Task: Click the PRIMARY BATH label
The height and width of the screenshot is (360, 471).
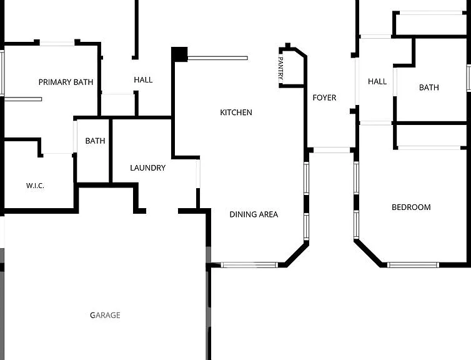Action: (x=66, y=82)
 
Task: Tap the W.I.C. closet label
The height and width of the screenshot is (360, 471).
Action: (x=35, y=186)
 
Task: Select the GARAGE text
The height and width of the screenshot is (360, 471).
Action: (x=105, y=315)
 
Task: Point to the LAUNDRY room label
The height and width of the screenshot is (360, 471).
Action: (x=148, y=167)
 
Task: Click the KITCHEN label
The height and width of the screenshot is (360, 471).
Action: (x=236, y=112)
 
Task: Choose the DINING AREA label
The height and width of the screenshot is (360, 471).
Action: (x=254, y=214)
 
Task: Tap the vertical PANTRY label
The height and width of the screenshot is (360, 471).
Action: (x=281, y=68)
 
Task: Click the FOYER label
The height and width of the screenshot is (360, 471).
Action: (x=324, y=97)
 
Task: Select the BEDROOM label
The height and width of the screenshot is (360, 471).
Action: (x=411, y=207)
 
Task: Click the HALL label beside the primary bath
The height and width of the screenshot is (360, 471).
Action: (x=143, y=79)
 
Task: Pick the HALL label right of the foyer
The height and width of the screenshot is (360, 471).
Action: (x=377, y=81)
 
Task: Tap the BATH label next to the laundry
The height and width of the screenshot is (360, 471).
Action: (x=95, y=141)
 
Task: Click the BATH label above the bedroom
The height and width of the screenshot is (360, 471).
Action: (x=429, y=87)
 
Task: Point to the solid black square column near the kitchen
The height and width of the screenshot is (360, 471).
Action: (x=179, y=55)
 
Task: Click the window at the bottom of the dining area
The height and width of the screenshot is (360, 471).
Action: (x=249, y=265)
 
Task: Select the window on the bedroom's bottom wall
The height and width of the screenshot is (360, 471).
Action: (x=413, y=265)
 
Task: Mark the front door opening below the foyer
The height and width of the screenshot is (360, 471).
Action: (x=332, y=150)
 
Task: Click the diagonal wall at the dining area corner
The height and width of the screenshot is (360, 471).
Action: (x=297, y=254)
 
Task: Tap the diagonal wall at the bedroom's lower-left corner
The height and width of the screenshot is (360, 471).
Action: (x=369, y=252)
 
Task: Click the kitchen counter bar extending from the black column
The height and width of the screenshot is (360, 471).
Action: (x=218, y=58)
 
